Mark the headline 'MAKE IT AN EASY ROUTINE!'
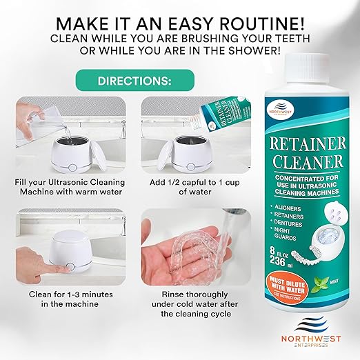pyautogui.click(x=179, y=17)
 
